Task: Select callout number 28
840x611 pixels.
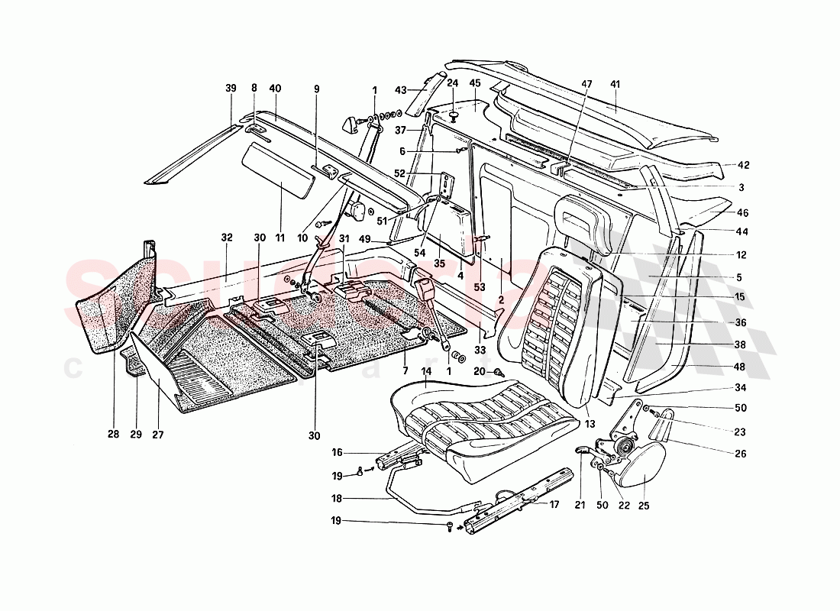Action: point(112,435)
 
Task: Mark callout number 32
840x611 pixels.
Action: point(226,238)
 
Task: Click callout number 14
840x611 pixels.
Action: point(425,371)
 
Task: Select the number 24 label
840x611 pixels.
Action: point(453,84)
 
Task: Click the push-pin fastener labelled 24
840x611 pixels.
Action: point(453,115)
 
